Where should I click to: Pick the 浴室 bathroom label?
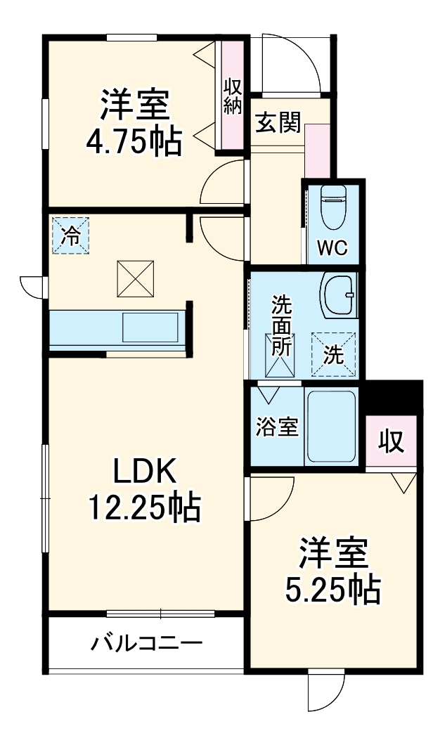tap(276, 427)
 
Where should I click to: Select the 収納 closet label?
tap(233, 96)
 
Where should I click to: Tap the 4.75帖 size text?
tap(134, 143)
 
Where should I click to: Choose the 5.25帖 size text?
tap(332, 590)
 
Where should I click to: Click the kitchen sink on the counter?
tap(151, 328)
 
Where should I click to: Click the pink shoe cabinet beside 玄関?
tap(318, 151)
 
